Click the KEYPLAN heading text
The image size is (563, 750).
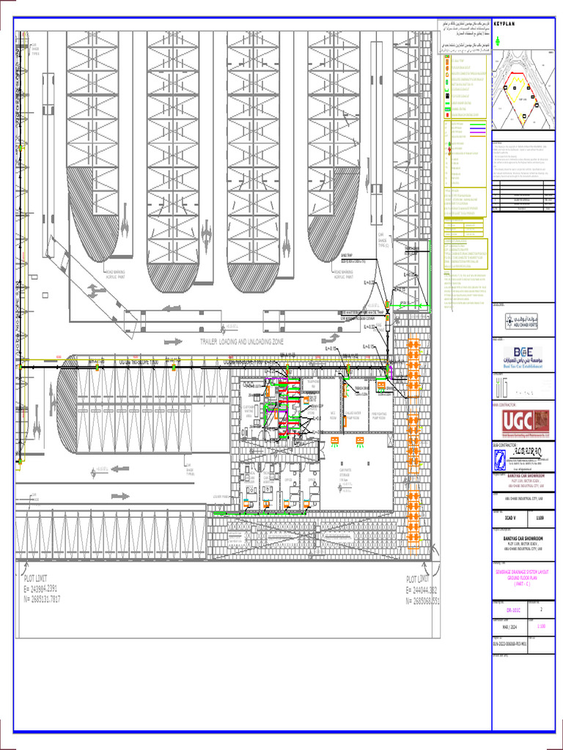(x=505, y=24)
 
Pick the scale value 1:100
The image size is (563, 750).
(x=541, y=626)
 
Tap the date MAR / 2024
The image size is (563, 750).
(x=503, y=626)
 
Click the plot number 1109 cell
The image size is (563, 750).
(x=540, y=517)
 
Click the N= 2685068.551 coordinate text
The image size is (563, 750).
(x=423, y=599)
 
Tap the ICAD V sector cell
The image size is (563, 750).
(x=509, y=517)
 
